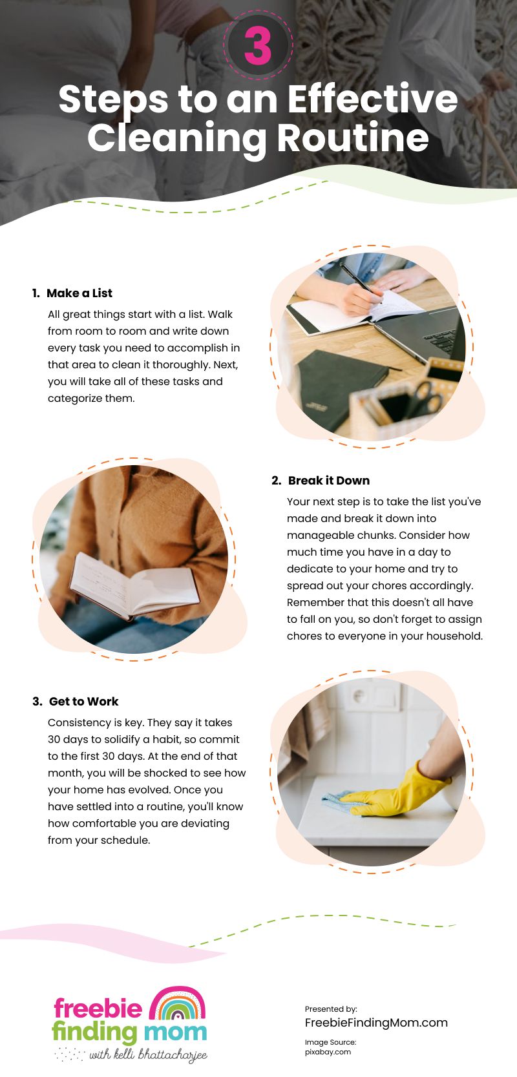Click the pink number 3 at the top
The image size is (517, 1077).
(x=258, y=47)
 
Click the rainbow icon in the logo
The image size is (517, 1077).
(x=177, y=1005)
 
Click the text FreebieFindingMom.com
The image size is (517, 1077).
(x=376, y=1022)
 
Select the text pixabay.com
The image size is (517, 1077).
(x=328, y=1051)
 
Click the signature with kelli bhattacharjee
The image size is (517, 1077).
(x=147, y=1055)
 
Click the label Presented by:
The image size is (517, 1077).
(x=331, y=1009)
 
